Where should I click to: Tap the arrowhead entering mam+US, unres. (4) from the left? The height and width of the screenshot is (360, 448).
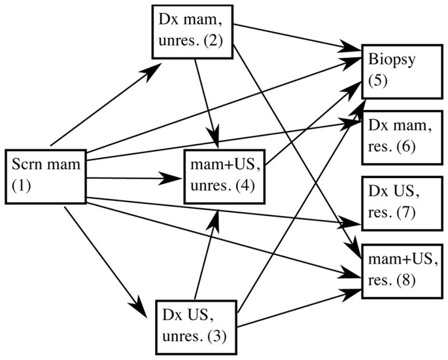tap(175, 179)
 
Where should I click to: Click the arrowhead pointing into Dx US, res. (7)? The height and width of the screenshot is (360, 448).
tap(353, 224)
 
